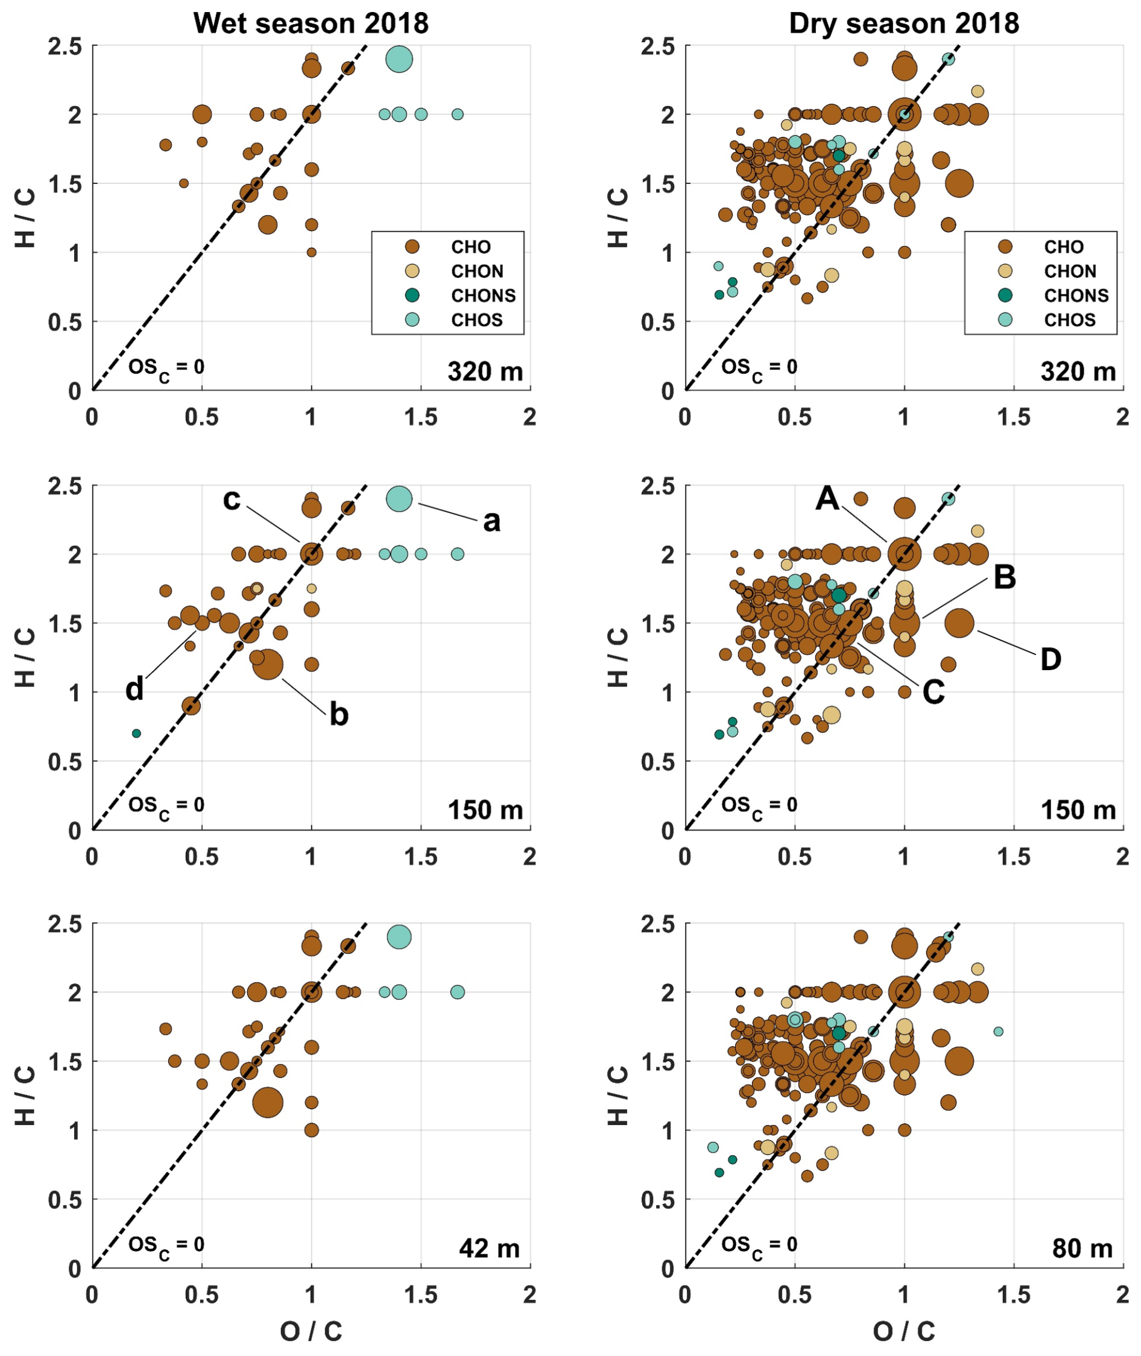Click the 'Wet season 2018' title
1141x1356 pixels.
click(311, 24)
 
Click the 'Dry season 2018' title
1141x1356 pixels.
click(903, 24)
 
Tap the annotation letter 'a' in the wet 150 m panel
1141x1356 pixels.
click(491, 521)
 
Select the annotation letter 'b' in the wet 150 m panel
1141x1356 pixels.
click(339, 714)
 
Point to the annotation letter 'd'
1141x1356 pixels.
click(134, 689)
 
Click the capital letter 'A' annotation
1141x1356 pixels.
click(827, 499)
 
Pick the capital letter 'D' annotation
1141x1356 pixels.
click(1051, 659)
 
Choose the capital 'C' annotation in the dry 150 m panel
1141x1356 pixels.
click(934, 692)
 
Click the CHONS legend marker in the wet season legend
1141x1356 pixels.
click(412, 296)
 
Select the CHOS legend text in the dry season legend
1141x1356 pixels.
click(1070, 320)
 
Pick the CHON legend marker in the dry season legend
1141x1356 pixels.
click(1005, 271)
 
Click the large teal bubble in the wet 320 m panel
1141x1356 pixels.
click(399, 59)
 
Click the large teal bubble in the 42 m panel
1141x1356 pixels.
click(399, 937)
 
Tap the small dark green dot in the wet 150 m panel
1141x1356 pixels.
click(136, 733)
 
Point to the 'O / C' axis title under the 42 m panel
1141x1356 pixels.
click(311, 1331)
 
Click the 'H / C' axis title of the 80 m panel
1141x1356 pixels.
click(618, 1095)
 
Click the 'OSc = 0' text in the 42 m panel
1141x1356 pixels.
click(166, 1246)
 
